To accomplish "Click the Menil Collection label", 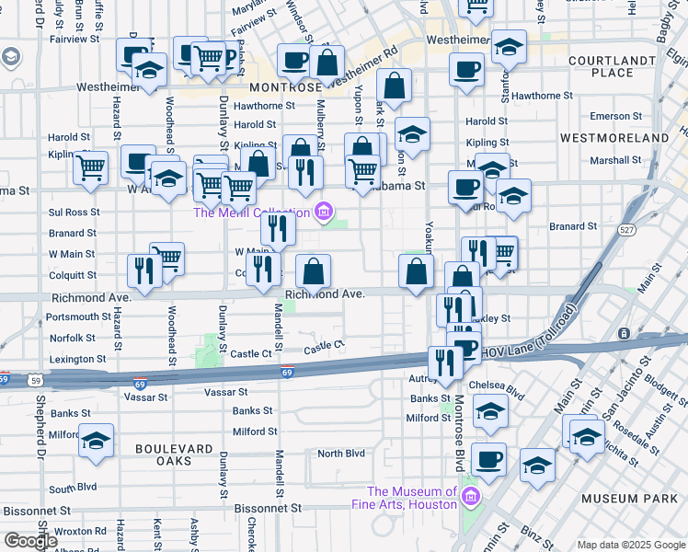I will click(x=252, y=213).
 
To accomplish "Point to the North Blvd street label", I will click(x=341, y=454).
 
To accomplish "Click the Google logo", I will click(x=30, y=541).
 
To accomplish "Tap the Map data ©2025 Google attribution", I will click(x=631, y=545).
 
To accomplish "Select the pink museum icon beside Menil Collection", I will click(x=323, y=213).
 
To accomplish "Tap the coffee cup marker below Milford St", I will click(x=488, y=459).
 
